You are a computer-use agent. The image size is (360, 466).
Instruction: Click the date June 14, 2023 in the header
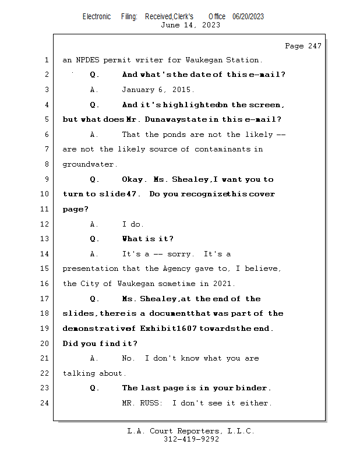tap(190, 25)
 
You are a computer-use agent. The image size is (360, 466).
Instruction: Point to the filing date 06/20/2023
tap(248, 17)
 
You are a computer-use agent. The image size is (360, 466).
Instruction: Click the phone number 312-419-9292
tap(191, 439)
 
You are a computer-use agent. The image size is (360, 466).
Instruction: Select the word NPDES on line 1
tap(89, 60)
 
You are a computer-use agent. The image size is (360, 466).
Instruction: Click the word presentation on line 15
tap(90, 269)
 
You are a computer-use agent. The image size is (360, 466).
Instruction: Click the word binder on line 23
tap(253, 388)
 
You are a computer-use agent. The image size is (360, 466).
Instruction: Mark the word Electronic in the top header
tap(97, 17)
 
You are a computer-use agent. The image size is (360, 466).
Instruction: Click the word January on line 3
tap(138, 90)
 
